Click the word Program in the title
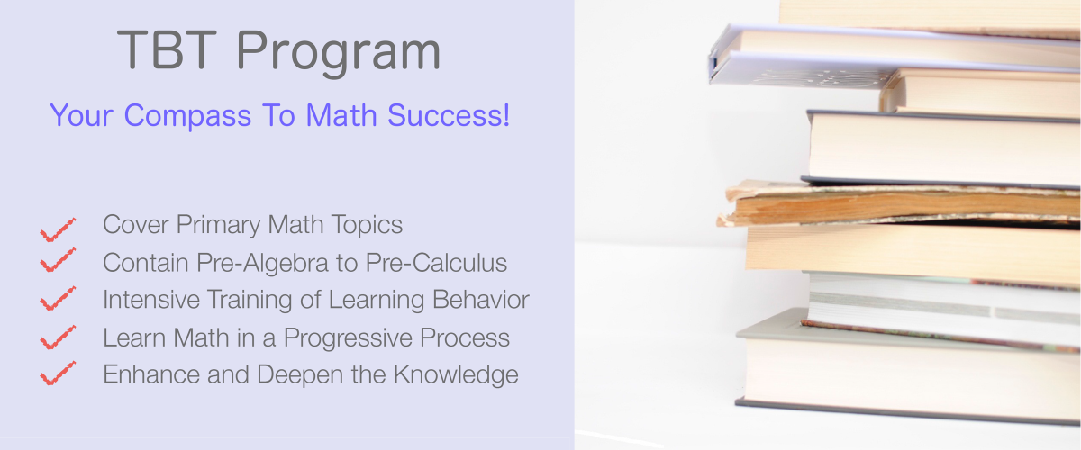339,52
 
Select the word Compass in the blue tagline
187,116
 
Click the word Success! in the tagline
449,115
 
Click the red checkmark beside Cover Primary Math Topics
58,229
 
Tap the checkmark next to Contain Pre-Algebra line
58,260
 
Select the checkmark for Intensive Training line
58,299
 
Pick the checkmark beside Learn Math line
58,337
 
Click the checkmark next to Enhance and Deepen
58,373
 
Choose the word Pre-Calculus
436,263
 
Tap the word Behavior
481,300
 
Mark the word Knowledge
456,374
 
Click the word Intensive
151,300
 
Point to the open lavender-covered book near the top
893,57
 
